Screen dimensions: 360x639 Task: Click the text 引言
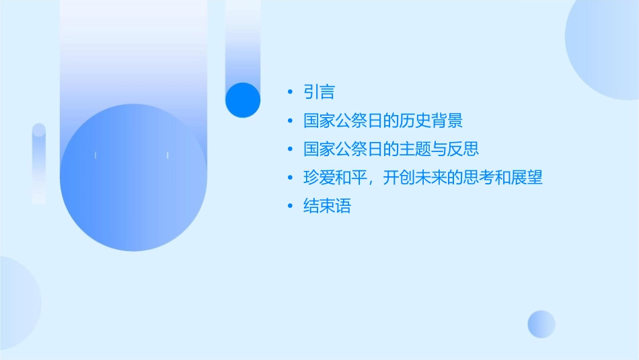[x=319, y=92]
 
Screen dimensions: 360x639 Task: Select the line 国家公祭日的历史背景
[x=383, y=121]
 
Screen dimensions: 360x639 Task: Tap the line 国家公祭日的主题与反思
[x=391, y=149]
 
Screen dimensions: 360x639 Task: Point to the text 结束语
[x=327, y=207]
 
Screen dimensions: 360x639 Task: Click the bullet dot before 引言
[x=289, y=92]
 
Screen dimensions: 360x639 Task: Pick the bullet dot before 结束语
[x=289, y=207]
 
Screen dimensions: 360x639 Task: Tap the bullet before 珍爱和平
[x=289, y=178]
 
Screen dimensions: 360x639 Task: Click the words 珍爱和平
[x=334, y=178]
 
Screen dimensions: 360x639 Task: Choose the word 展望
[x=527, y=178]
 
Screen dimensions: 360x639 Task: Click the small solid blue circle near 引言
[x=243, y=100]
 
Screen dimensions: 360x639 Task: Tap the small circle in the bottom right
[x=541, y=324]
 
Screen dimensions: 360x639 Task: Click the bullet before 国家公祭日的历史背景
[x=289, y=121]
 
